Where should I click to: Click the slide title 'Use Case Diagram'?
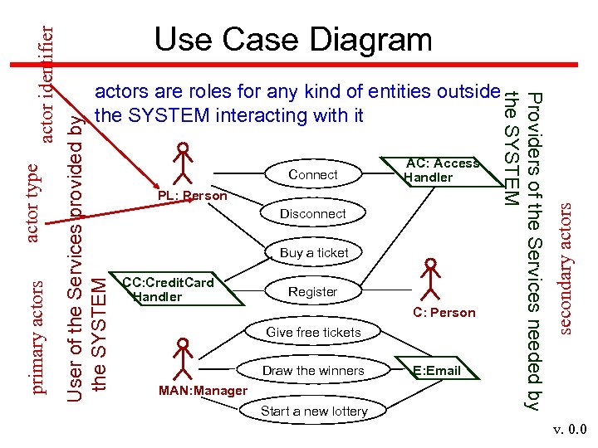click(x=293, y=39)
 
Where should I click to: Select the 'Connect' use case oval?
click(x=313, y=174)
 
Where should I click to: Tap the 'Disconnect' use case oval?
click(x=313, y=213)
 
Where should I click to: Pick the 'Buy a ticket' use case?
click(x=314, y=252)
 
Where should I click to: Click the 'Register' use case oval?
click(x=313, y=291)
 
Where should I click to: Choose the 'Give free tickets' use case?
click(x=313, y=332)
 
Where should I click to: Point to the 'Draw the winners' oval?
click(x=313, y=370)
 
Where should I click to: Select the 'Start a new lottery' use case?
click(x=313, y=411)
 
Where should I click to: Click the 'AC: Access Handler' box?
click(x=442, y=170)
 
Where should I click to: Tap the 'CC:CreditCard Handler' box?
click(x=168, y=290)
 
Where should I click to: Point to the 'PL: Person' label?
click(x=192, y=196)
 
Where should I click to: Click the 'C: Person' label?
click(x=444, y=313)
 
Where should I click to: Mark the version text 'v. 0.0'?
click(x=571, y=430)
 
